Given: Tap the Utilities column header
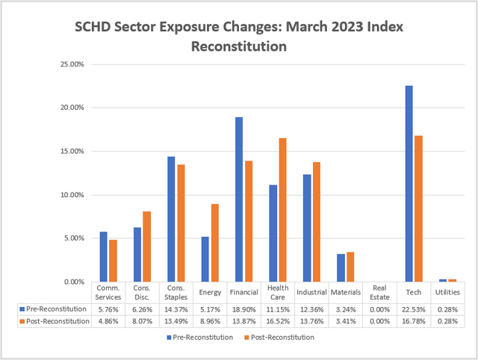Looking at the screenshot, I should click(447, 292).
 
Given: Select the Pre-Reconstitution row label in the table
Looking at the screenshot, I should click(55, 308).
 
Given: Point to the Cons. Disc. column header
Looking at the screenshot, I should click(141, 292).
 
